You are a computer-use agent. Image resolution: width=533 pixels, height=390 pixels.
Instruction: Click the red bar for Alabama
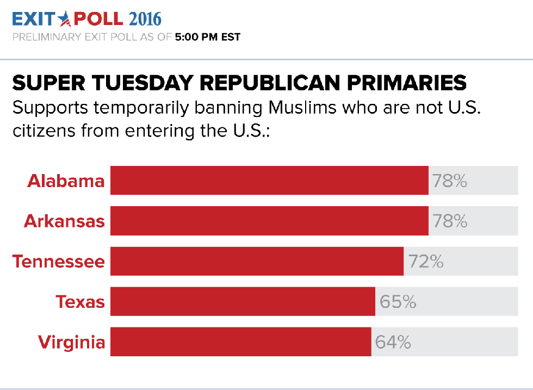click(269, 181)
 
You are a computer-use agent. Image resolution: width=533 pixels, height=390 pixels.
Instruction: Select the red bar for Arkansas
click(269, 221)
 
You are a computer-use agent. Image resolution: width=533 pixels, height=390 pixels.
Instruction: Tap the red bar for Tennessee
click(257, 261)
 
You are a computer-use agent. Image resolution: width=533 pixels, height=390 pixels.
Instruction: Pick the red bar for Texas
click(243, 301)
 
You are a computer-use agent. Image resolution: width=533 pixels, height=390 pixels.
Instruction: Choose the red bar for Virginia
click(240, 342)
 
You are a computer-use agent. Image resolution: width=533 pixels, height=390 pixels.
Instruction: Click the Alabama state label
click(66, 181)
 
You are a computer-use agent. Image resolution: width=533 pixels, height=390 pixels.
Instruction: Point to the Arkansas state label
click(64, 221)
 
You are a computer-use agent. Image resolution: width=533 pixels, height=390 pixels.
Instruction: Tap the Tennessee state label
click(59, 261)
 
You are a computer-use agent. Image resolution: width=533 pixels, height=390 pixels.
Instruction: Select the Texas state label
click(80, 301)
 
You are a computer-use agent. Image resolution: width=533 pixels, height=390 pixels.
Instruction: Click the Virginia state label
click(71, 342)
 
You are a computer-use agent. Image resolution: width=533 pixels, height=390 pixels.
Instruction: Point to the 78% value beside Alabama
click(450, 181)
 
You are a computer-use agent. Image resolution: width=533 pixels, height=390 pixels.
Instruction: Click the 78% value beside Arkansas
click(450, 221)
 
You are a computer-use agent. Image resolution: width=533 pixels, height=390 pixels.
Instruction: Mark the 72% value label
click(426, 261)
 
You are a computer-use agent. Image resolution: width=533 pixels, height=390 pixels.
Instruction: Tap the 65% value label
click(398, 301)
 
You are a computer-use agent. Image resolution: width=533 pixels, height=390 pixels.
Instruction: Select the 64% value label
click(393, 342)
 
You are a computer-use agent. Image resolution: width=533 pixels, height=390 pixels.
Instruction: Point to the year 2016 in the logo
click(145, 19)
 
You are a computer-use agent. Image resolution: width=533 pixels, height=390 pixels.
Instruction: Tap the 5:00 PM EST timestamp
click(207, 38)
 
